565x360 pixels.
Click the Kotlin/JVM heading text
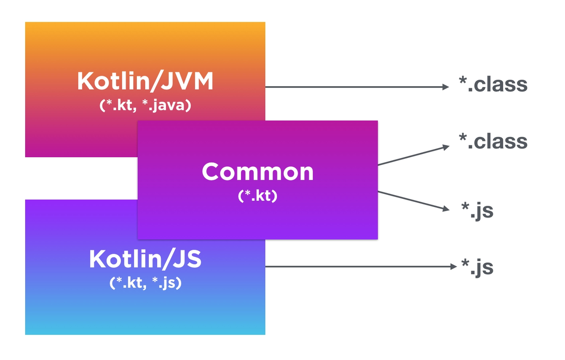click(145, 82)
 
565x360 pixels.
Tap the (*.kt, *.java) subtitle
click(145, 106)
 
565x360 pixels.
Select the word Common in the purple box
click(257, 172)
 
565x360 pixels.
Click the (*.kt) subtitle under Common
click(257, 195)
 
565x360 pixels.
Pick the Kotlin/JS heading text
click(145, 259)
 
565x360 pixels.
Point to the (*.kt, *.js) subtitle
click(145, 283)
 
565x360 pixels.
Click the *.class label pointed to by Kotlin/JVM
click(493, 84)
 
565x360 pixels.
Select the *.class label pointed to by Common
click(493, 142)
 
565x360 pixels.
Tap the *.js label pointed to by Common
click(477, 211)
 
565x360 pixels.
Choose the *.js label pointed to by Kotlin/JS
click(477, 268)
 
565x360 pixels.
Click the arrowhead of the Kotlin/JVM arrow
click(446, 87)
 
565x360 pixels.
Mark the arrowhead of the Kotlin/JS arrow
click(453, 266)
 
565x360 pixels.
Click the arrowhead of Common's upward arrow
click(446, 147)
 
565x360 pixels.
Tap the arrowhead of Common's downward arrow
click(446, 209)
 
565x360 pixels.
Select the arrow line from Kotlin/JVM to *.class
click(353, 87)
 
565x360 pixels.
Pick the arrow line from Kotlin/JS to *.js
click(358, 266)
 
